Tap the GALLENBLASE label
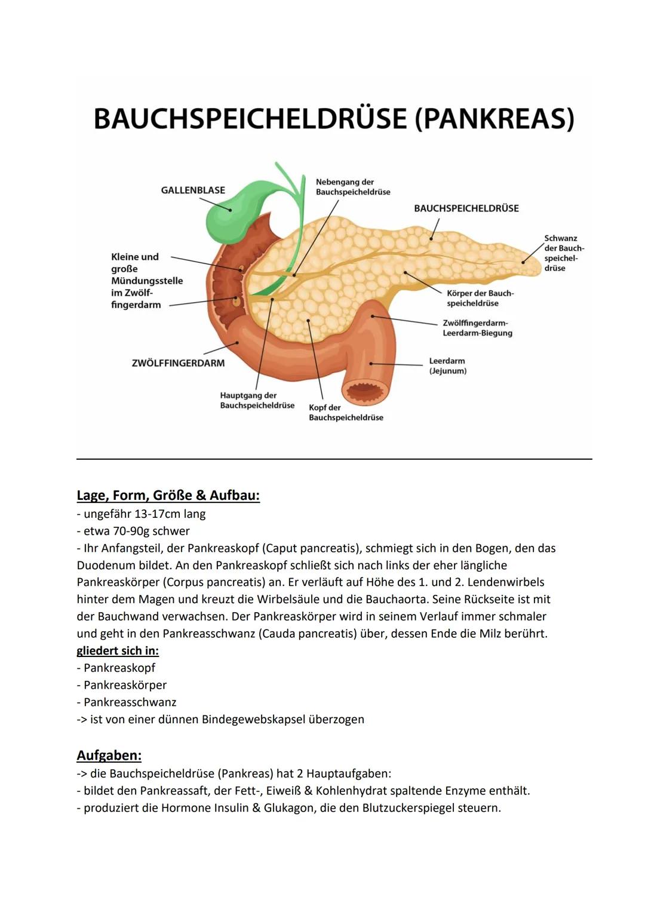(x=193, y=191)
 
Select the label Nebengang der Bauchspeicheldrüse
(x=353, y=187)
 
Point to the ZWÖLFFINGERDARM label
(x=178, y=363)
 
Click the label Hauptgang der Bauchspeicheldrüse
(x=257, y=400)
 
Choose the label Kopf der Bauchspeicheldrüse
(x=346, y=413)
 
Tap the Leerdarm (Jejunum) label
(x=447, y=366)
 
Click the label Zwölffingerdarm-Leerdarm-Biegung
(x=477, y=328)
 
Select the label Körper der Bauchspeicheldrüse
(x=480, y=298)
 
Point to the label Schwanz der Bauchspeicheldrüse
(x=563, y=253)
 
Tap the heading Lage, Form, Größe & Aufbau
(x=168, y=495)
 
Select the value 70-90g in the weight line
(x=132, y=531)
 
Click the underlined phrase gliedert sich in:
(x=118, y=650)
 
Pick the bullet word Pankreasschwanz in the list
(x=130, y=702)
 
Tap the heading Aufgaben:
(x=109, y=756)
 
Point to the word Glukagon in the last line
(x=288, y=808)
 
